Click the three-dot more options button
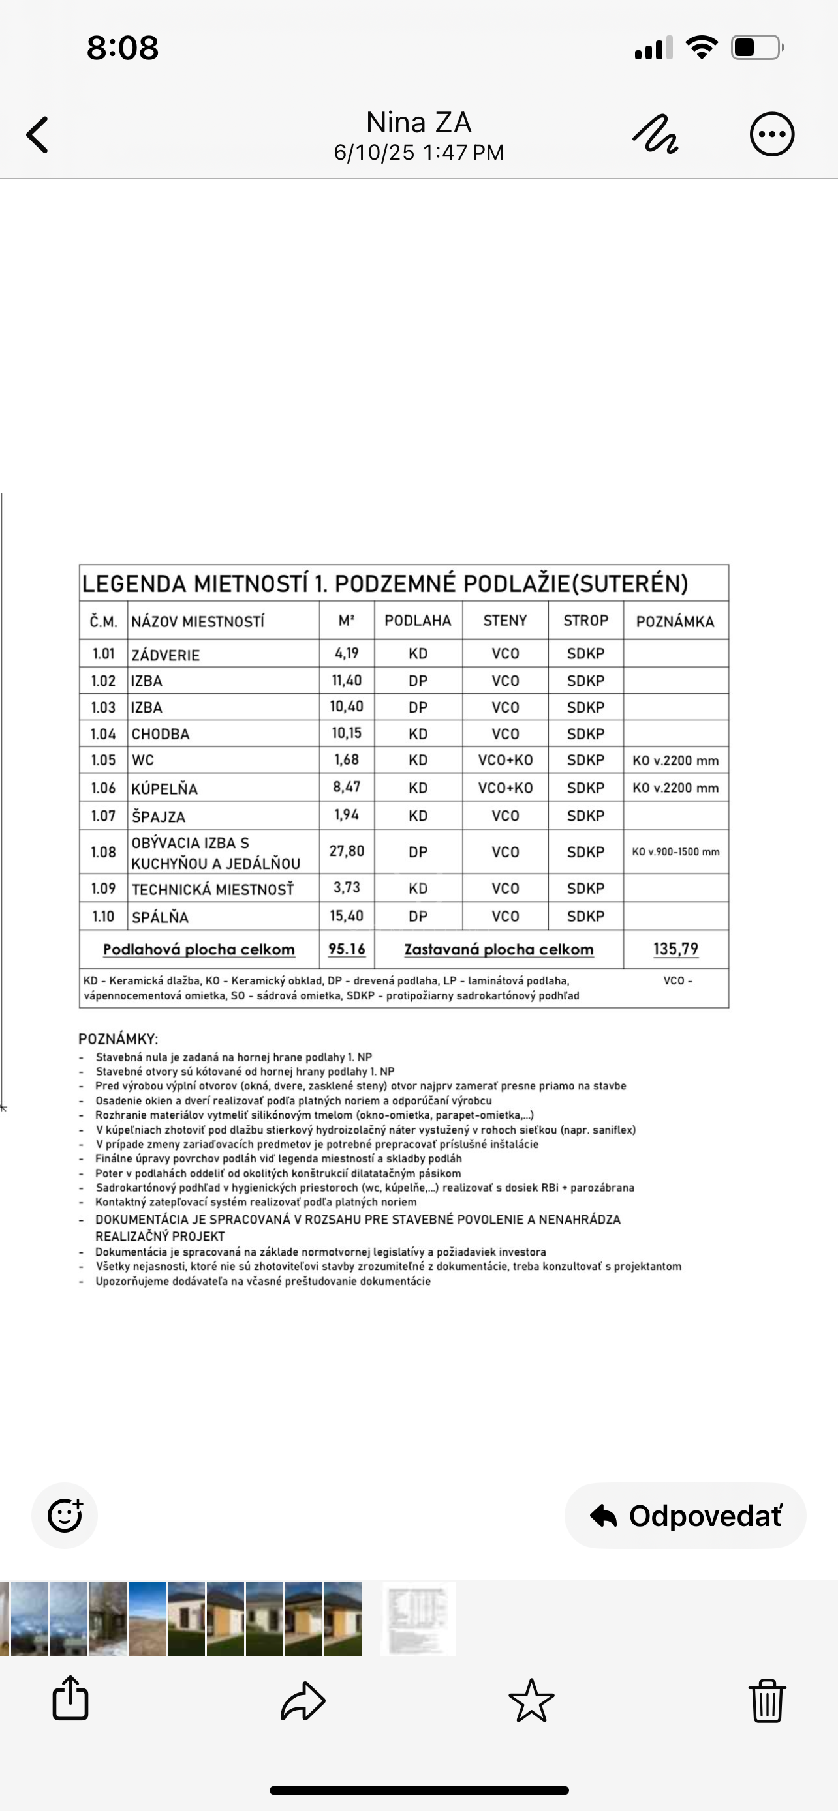(772, 134)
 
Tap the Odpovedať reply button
(685, 1515)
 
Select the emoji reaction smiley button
(65, 1515)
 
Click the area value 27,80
(347, 851)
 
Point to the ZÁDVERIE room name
(166, 655)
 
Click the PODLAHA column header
(418, 620)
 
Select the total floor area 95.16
(347, 949)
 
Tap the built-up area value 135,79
(675, 949)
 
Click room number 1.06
(103, 788)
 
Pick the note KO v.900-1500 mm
(675, 852)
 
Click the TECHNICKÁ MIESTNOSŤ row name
(213, 889)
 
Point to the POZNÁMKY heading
(118, 1038)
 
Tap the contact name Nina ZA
(418, 123)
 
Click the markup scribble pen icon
(655, 134)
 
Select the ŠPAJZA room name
(159, 816)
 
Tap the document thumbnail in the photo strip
(418, 1619)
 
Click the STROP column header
(585, 620)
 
